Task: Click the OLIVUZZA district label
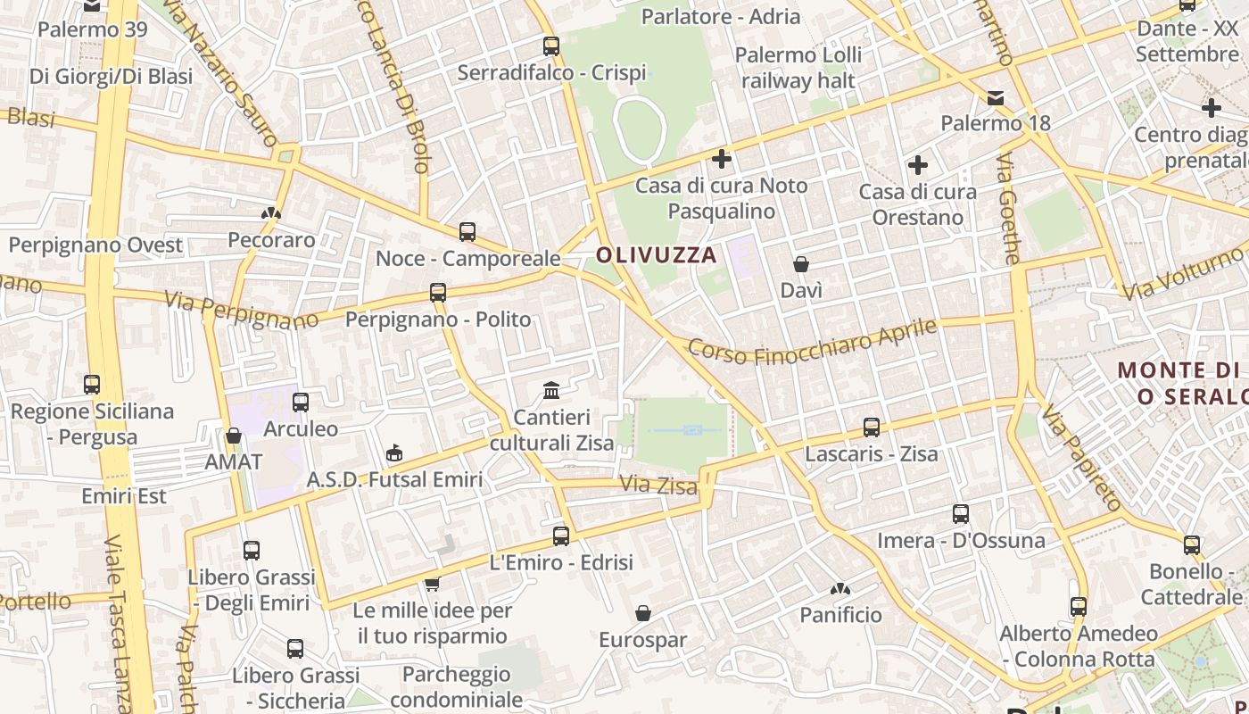click(657, 255)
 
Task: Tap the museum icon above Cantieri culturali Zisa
click(551, 391)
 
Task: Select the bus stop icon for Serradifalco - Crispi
click(551, 46)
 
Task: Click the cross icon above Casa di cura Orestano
click(917, 165)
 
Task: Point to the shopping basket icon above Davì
click(801, 264)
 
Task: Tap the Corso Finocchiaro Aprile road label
click(813, 343)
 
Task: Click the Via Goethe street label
click(1008, 209)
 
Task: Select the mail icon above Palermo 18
click(996, 98)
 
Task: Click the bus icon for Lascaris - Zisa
click(872, 428)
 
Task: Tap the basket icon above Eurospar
click(642, 614)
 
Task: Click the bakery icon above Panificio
click(840, 589)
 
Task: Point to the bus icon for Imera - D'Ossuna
click(961, 514)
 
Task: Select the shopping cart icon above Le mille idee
click(432, 585)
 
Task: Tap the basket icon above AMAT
click(234, 436)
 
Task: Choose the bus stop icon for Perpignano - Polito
click(437, 293)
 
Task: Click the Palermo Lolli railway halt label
click(798, 68)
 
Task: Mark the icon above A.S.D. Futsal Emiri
click(393, 453)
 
